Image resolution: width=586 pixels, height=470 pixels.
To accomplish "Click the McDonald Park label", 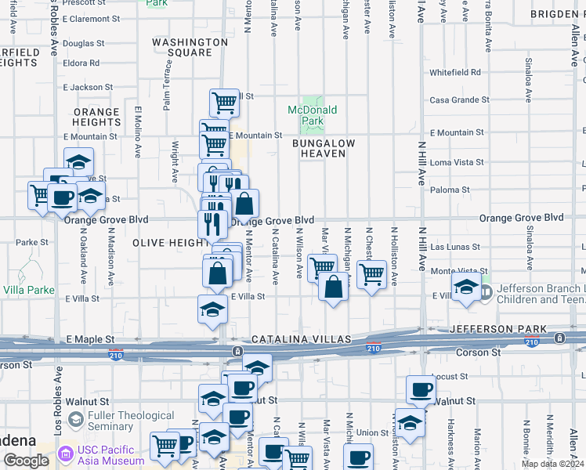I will click(x=312, y=115).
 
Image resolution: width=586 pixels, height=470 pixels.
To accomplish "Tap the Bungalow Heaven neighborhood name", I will click(x=324, y=149).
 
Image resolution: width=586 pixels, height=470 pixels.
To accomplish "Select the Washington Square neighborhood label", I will click(x=190, y=47).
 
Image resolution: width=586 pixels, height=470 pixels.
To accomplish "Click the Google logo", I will click(x=25, y=461).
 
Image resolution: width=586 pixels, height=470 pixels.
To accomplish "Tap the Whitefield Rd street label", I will click(x=455, y=72).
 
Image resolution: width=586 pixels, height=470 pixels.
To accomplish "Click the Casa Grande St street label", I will click(x=460, y=100).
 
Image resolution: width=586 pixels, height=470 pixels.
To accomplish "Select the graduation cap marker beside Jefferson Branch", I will click(x=465, y=287).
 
